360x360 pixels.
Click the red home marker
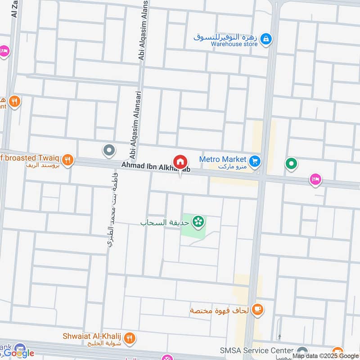180,162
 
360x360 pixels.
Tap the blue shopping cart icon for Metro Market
255,161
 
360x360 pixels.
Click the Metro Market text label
223,159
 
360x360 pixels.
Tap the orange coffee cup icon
258,309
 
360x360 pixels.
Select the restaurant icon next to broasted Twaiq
67,159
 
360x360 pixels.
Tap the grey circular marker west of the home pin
108,150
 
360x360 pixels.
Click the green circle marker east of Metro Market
291,164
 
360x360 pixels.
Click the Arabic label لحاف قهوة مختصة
220,310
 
